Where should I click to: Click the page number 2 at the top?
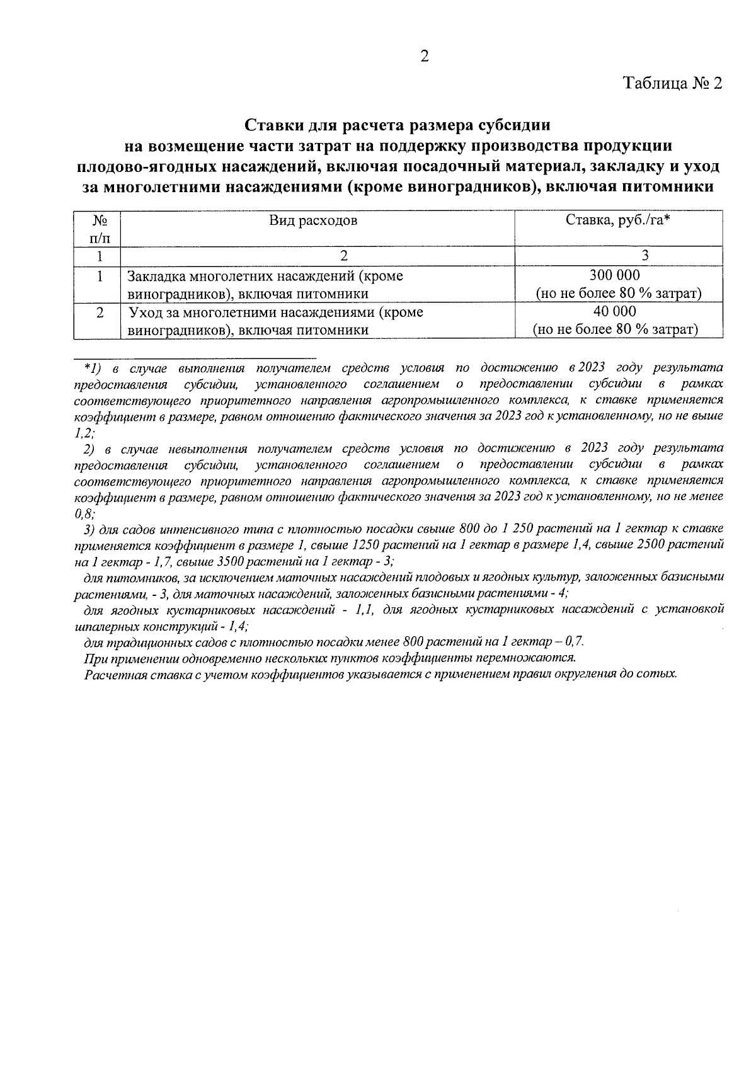(424, 57)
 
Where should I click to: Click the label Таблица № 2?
(672, 84)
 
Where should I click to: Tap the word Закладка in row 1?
(154, 276)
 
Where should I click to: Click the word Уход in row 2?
(144, 312)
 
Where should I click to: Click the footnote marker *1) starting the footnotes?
(89, 367)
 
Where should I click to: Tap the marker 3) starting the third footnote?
(89, 528)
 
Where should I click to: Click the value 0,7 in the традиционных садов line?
(575, 641)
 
